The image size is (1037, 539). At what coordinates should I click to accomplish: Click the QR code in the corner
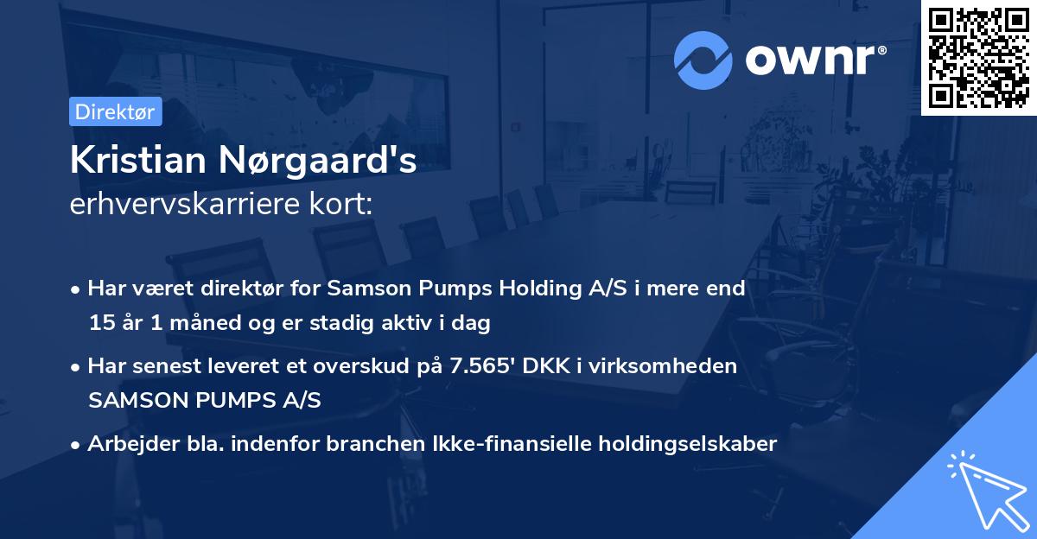tap(978, 58)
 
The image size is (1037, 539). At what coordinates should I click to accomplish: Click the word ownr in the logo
tap(815, 60)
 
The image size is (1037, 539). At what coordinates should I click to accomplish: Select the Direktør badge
tap(115, 111)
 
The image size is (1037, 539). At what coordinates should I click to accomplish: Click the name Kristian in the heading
tap(138, 161)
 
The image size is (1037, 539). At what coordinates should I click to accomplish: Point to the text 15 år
tap(116, 324)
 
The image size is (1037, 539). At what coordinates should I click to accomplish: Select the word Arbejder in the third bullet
tap(127, 444)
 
